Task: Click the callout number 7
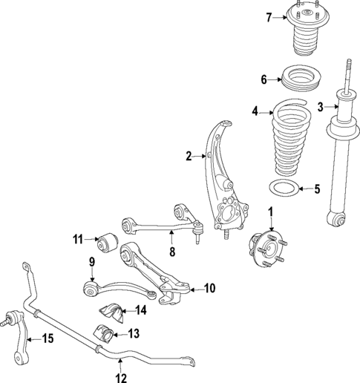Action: point(270,17)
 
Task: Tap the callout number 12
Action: point(120,376)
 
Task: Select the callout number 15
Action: point(48,340)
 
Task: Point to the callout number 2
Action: point(189,156)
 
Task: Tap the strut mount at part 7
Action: point(301,33)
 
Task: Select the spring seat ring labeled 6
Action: point(299,79)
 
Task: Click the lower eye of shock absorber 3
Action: point(338,219)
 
